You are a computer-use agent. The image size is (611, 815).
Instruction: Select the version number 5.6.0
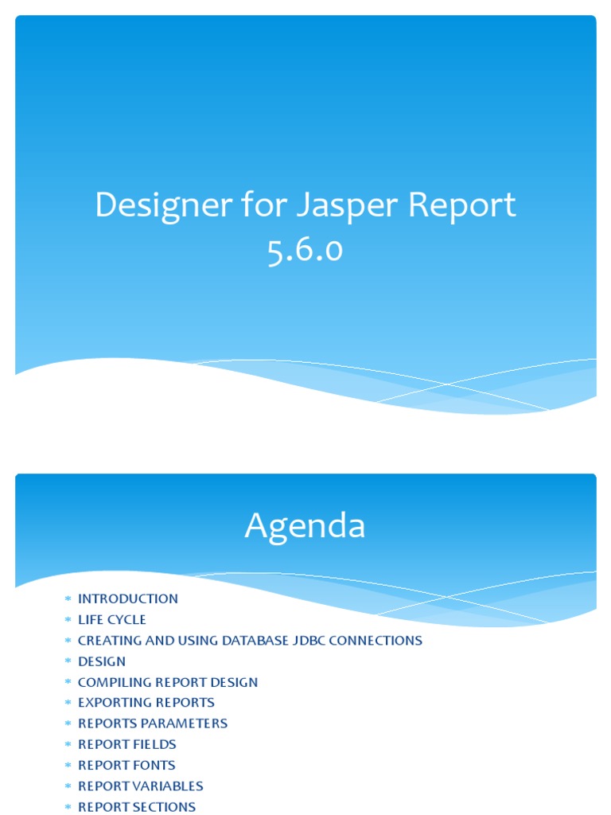click(x=305, y=250)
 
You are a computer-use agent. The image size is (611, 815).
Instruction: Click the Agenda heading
click(x=305, y=526)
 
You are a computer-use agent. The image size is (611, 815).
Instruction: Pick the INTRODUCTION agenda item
click(x=127, y=599)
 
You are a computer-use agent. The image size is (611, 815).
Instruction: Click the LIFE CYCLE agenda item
click(x=111, y=619)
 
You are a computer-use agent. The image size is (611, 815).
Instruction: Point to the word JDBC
click(x=312, y=640)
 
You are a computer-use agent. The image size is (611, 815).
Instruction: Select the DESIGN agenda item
click(x=101, y=661)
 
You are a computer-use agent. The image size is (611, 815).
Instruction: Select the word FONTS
click(x=154, y=765)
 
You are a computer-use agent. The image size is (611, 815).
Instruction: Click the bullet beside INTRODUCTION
click(x=68, y=599)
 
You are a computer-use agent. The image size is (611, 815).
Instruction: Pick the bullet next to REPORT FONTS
click(x=68, y=765)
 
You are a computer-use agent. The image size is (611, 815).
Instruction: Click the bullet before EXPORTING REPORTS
click(x=68, y=703)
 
